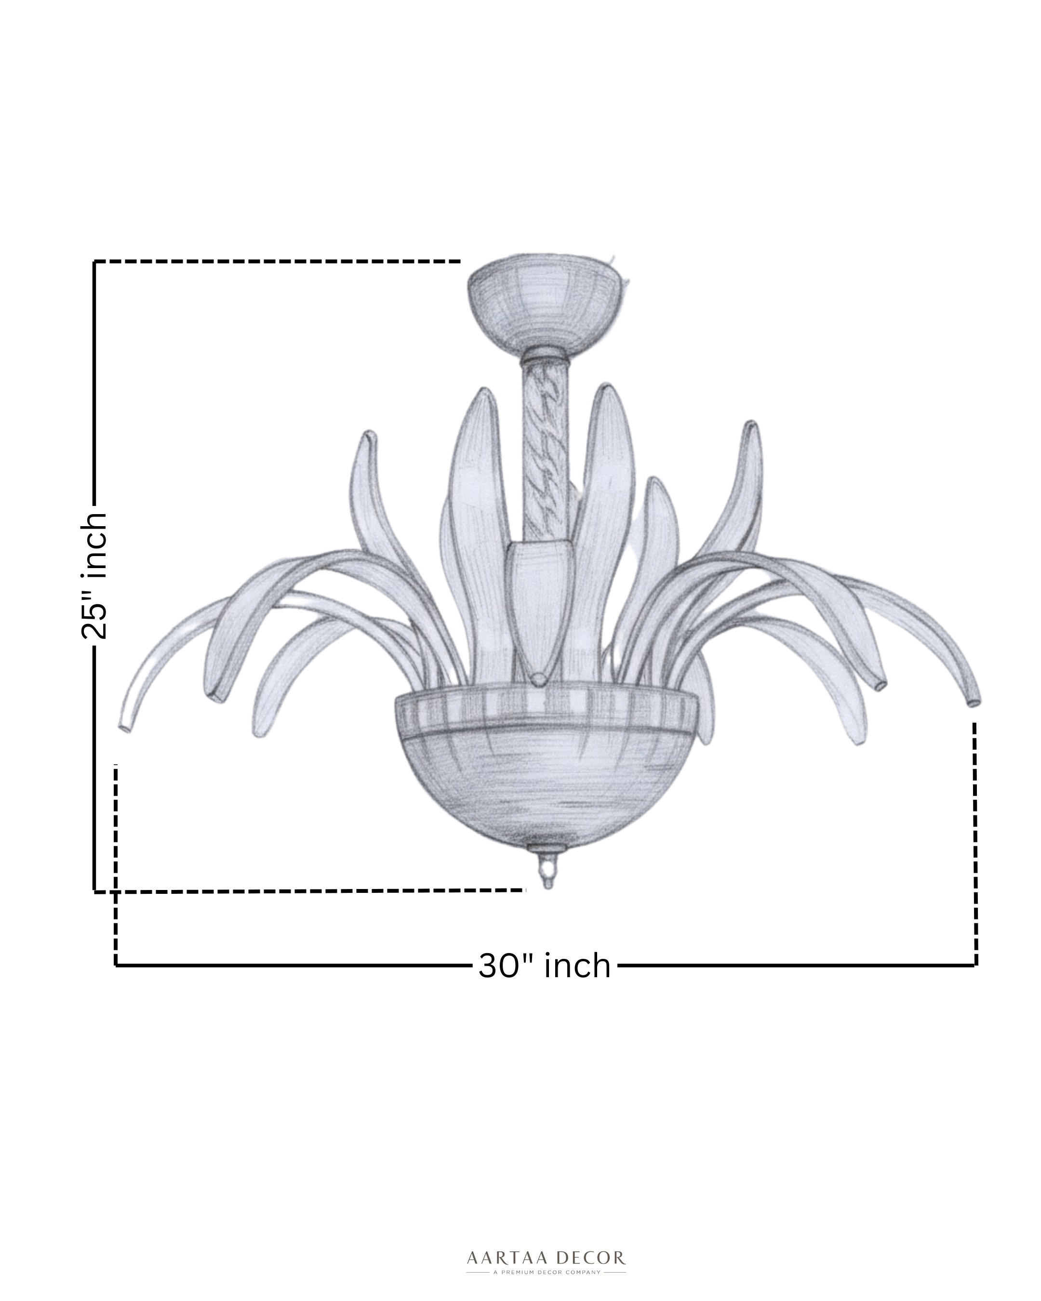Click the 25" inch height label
point(95,576)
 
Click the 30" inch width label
point(544,966)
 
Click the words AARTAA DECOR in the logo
point(546,1258)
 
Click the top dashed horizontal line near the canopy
point(278,261)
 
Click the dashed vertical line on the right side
point(974,845)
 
